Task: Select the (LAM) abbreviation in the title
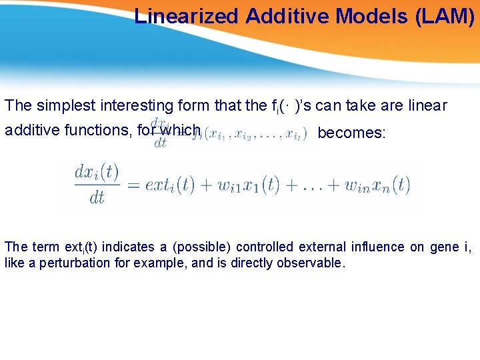(x=444, y=16)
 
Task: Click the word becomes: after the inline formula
(x=351, y=133)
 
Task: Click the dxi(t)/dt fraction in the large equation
(x=96, y=185)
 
